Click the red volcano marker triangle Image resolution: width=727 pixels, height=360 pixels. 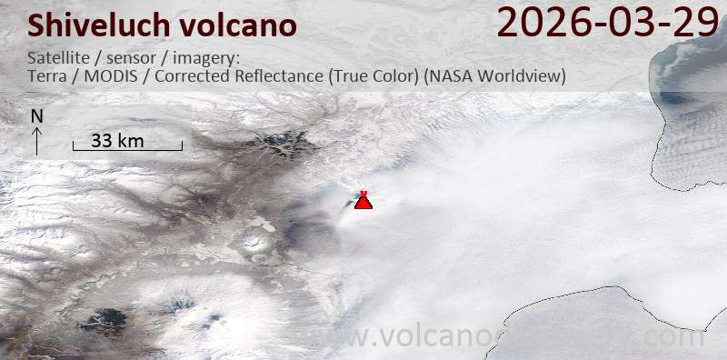coord(363,201)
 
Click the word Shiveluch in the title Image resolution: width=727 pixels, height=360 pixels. coord(87,25)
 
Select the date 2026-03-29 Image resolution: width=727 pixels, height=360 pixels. coord(607,22)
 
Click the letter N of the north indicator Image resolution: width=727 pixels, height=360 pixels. coord(36,116)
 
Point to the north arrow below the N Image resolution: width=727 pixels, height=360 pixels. coord(36,140)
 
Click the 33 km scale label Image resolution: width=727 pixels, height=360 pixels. coord(118,140)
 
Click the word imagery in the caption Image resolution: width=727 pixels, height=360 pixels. coord(207,58)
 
